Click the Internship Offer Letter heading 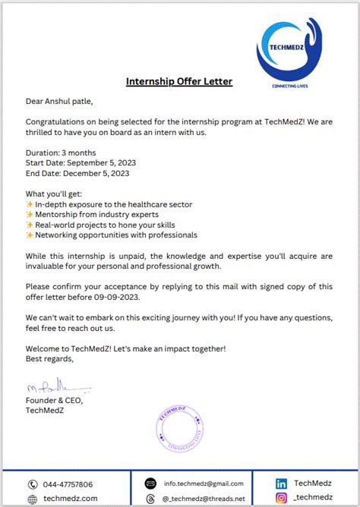pyautogui.click(x=179, y=81)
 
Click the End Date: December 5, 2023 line pyautogui.click(x=77, y=173)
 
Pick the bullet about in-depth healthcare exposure pyautogui.click(x=113, y=204)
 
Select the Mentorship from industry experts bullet pyautogui.click(x=104, y=215)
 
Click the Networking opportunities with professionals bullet pyautogui.click(x=115, y=235)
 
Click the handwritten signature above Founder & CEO pyautogui.click(x=57, y=390)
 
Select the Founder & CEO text pyautogui.click(x=54, y=401)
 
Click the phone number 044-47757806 pyautogui.click(x=68, y=484)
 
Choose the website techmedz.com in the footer pyautogui.click(x=70, y=499)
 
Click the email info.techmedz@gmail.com pyautogui.click(x=203, y=483)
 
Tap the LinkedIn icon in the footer pyautogui.click(x=281, y=483)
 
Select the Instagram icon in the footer pyautogui.click(x=281, y=498)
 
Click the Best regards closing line pyautogui.click(x=49, y=359)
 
